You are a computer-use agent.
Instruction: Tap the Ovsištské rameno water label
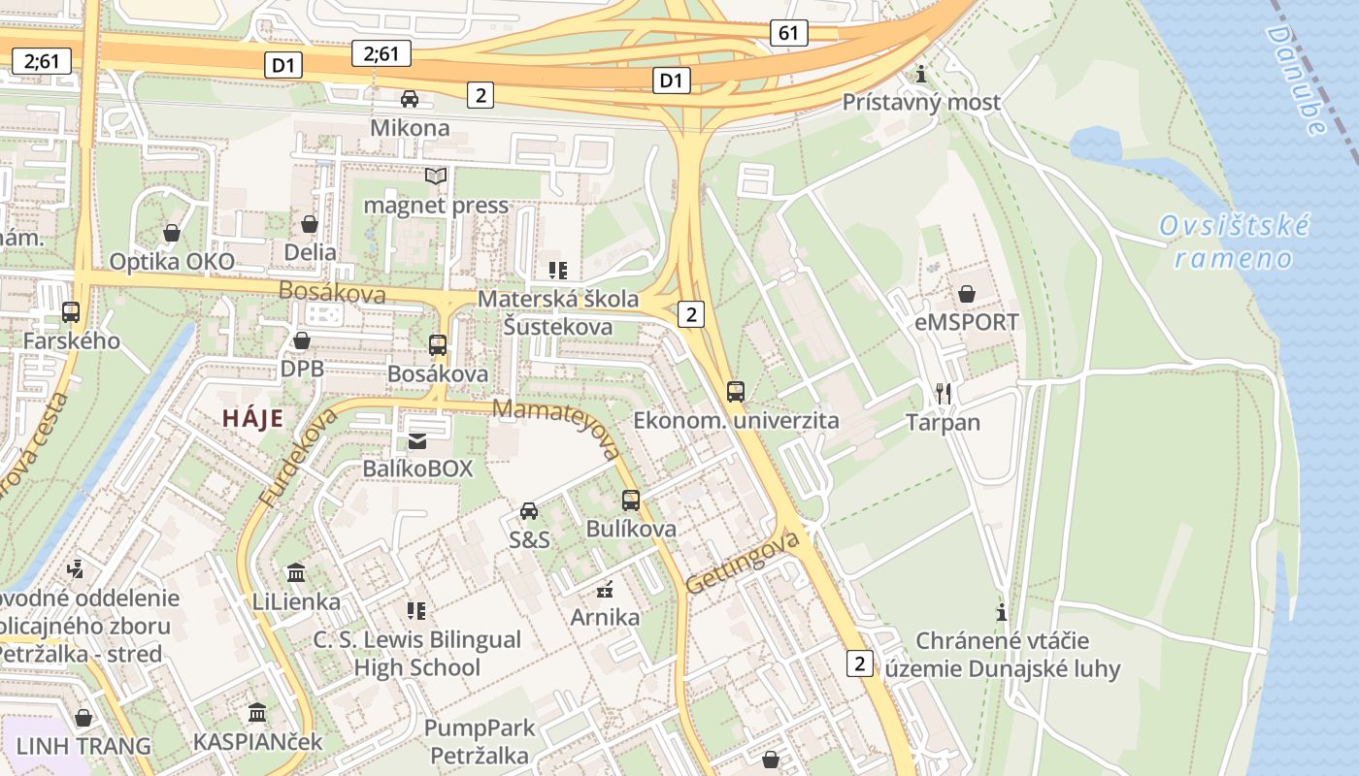1234,242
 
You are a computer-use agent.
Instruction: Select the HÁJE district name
252,419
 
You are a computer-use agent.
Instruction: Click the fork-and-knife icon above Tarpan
943,393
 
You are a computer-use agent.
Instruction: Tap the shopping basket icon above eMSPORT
967,293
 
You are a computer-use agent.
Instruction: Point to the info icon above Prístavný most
921,74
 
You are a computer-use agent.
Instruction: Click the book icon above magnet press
436,177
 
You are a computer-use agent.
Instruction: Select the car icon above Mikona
410,99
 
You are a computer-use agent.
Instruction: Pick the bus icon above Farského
71,312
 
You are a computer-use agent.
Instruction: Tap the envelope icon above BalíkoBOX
417,440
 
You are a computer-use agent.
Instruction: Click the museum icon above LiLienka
296,573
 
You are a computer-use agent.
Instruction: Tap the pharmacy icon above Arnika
605,588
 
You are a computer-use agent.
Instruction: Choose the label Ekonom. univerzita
736,421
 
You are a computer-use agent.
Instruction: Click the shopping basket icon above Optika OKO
172,233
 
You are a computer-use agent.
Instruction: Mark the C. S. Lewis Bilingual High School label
417,654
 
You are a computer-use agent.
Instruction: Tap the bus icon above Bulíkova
631,501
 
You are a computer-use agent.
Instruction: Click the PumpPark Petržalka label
480,741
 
